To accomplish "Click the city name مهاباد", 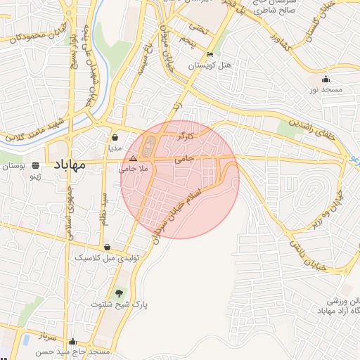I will pyautogui.click(x=69, y=165).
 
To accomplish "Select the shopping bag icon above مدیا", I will pyautogui.click(x=115, y=138).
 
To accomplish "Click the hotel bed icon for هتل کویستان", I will pyautogui.click(x=210, y=55).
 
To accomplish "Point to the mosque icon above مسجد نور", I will pyautogui.click(x=326, y=79).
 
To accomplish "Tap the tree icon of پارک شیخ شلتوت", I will pyautogui.click(x=117, y=293).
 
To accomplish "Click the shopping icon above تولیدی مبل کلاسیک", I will pyautogui.click(x=107, y=247).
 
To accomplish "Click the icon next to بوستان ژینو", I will pyautogui.click(x=36, y=166).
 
